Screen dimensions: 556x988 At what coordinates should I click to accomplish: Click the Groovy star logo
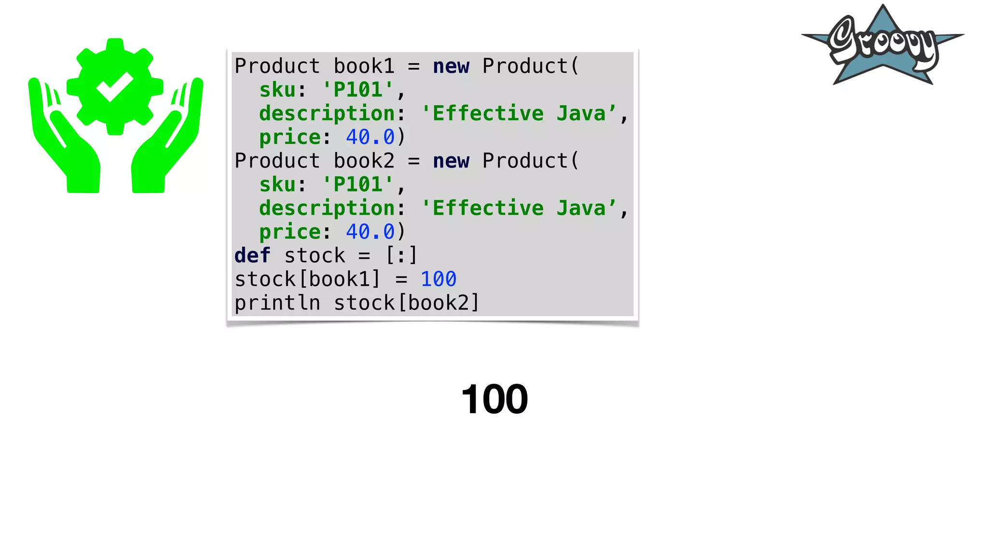pyautogui.click(x=883, y=46)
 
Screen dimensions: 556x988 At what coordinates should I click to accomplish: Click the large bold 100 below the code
pyautogui.click(x=494, y=399)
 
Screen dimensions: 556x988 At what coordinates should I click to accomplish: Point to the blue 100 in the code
pyautogui.click(x=438, y=279)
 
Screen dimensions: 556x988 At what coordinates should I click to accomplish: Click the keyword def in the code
pyautogui.click(x=252, y=255)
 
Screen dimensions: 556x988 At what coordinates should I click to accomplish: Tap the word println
pyautogui.click(x=277, y=303)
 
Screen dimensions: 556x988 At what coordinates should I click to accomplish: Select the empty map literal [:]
pyautogui.click(x=401, y=255)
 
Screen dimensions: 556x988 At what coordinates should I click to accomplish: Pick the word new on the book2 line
pyautogui.click(x=451, y=161)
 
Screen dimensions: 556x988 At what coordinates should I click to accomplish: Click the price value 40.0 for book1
pyautogui.click(x=370, y=137)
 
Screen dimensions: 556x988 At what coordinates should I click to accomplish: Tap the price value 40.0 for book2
pyautogui.click(x=370, y=232)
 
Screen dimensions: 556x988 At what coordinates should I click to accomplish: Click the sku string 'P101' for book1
pyautogui.click(x=358, y=90)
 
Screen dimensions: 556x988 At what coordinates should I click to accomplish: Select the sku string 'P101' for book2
pyautogui.click(x=358, y=184)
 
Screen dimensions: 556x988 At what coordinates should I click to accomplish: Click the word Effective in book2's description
pyautogui.click(x=488, y=208)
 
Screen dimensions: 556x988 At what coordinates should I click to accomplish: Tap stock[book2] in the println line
pyautogui.click(x=407, y=303)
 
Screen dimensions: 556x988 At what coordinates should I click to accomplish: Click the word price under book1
pyautogui.click(x=289, y=137)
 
